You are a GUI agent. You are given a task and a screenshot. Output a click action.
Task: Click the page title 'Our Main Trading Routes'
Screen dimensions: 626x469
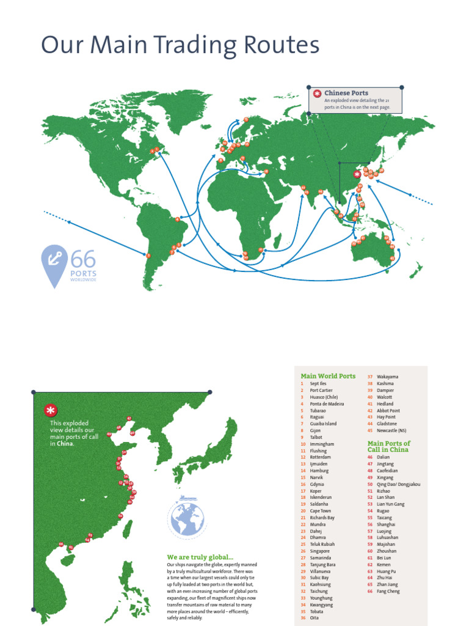pyautogui.click(x=180, y=46)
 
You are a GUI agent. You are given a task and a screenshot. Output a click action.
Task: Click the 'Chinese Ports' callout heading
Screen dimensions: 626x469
pyautogui.click(x=346, y=93)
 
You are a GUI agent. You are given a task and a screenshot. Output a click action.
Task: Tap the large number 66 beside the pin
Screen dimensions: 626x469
pyautogui.click(x=83, y=259)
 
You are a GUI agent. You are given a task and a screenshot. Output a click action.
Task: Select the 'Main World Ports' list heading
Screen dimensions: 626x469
pyautogui.click(x=328, y=376)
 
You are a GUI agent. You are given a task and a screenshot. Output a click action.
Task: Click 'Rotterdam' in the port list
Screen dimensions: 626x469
pyautogui.click(x=320, y=457)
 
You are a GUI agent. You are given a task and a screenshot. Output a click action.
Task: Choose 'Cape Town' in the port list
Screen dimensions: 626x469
pyautogui.click(x=320, y=510)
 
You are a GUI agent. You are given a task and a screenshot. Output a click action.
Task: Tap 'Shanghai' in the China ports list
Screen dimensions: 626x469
pyautogui.click(x=386, y=524)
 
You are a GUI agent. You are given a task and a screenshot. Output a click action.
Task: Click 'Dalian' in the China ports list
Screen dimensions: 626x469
pyautogui.click(x=383, y=457)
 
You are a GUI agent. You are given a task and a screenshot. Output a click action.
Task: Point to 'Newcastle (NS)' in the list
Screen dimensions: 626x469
pyautogui.click(x=391, y=430)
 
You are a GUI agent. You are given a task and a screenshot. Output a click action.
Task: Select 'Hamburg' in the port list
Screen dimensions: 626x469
pyautogui.click(x=319, y=470)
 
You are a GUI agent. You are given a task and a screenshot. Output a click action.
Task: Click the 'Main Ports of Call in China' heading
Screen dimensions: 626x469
pyautogui.click(x=388, y=446)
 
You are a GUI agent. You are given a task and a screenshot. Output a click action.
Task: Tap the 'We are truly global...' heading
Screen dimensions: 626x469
pyautogui.click(x=200, y=557)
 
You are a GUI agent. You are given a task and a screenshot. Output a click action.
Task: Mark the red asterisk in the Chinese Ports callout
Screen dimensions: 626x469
pyautogui.click(x=317, y=94)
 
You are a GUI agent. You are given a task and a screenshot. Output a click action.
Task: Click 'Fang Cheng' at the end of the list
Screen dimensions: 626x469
pyautogui.click(x=388, y=591)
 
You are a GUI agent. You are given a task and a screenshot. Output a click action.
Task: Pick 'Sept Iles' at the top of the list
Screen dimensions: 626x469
pyautogui.click(x=318, y=383)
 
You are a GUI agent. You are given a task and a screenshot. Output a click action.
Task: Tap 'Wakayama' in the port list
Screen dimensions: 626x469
pyautogui.click(x=387, y=377)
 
